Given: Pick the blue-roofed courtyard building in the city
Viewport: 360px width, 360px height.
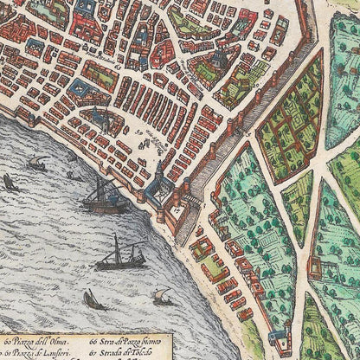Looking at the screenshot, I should click(x=80, y=87).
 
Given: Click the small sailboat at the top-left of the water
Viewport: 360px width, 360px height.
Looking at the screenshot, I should click(x=37, y=163).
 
